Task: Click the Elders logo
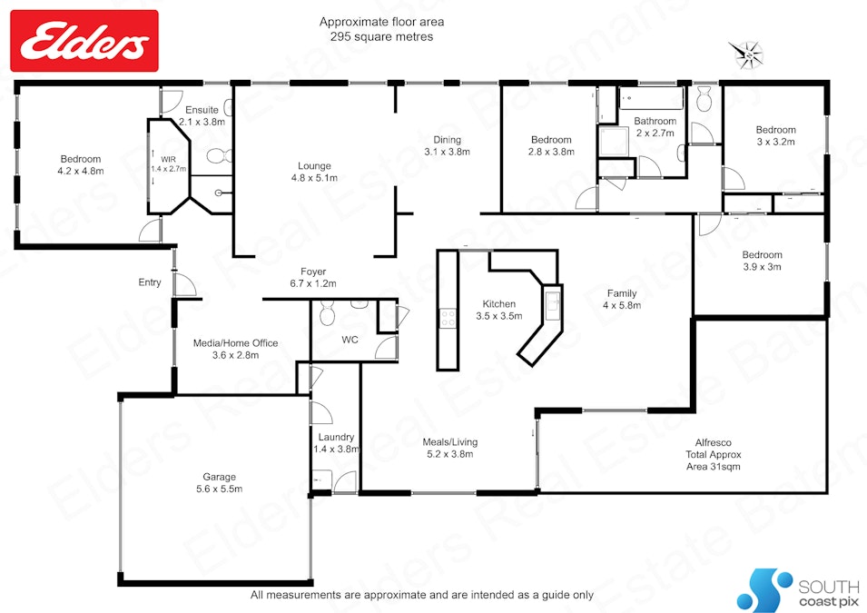84,41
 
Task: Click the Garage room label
219,482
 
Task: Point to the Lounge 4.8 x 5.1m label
314,172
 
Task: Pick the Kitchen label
498,310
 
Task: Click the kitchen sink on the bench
552,302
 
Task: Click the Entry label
150,282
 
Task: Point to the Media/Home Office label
235,349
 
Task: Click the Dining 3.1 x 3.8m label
447,145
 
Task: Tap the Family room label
622,299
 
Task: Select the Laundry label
336,442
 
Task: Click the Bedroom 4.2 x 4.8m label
81,164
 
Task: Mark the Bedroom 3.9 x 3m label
762,261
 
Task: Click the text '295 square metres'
381,37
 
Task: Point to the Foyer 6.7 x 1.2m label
313,277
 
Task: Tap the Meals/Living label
450,448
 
